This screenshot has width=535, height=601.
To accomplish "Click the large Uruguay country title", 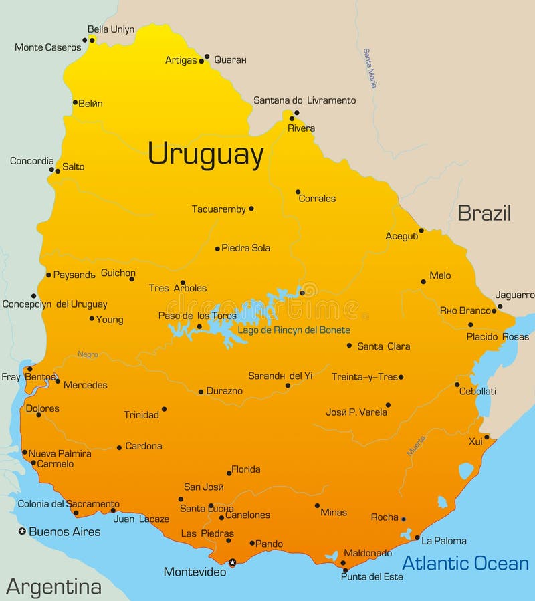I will (205, 154).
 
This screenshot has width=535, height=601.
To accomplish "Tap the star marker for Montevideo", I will (233, 562).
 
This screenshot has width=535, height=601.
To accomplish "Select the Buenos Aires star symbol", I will (22, 531).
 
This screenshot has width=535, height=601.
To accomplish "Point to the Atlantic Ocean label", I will (465, 563).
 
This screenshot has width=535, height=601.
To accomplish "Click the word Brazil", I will (484, 213).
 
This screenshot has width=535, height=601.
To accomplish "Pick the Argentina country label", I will (53, 587).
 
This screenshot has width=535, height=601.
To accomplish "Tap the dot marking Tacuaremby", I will (251, 209).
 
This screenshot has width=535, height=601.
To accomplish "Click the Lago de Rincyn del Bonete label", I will (294, 330).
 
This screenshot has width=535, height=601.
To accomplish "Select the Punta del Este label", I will (372, 576).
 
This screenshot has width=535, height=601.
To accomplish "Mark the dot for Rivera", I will (292, 118).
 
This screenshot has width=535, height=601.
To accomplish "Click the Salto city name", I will (73, 167).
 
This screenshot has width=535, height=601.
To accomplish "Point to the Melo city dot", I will (423, 281).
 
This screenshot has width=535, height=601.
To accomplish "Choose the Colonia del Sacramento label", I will (68, 504).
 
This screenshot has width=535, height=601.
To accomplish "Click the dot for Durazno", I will (201, 392).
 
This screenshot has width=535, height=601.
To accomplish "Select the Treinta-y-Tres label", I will (364, 377).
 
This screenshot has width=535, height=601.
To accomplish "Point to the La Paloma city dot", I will (417, 537).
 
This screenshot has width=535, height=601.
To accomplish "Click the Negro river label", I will (88, 354).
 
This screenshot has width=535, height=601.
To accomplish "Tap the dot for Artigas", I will (201, 61).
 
